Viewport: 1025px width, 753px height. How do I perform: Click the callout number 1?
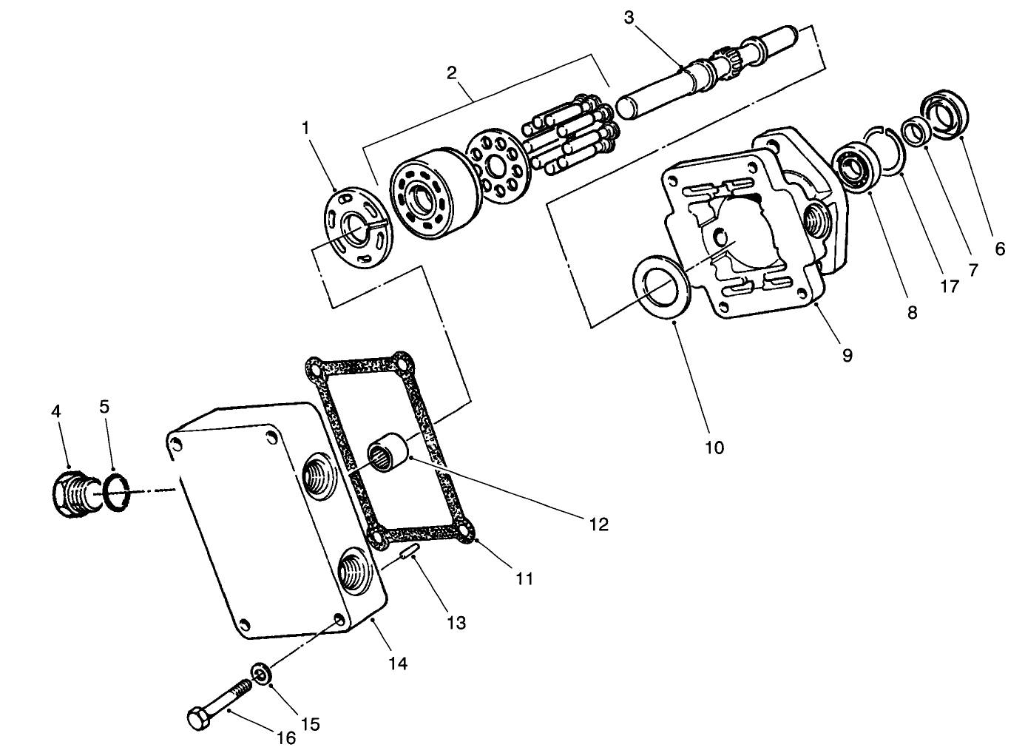[x=305, y=128]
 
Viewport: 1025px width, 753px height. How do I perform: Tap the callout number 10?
[x=714, y=447]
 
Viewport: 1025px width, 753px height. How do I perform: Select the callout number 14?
[x=397, y=663]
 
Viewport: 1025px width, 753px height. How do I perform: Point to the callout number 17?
[x=949, y=286]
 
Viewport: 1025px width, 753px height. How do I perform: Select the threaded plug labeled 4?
[x=72, y=494]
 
